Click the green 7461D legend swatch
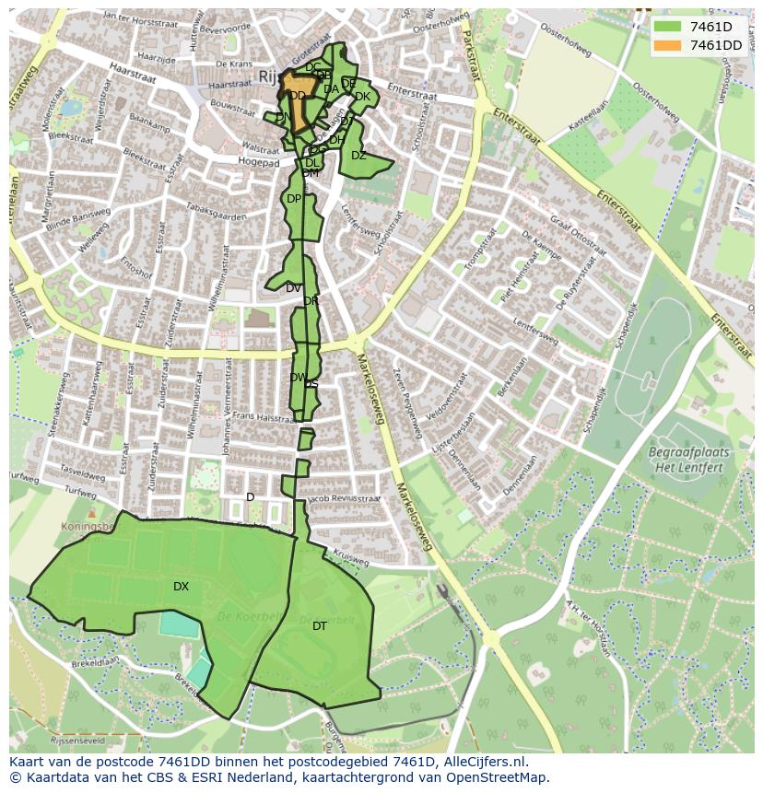click(x=668, y=26)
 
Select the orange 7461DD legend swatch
click(x=668, y=45)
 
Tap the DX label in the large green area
click(x=181, y=587)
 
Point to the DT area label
click(x=319, y=626)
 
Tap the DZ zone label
click(x=358, y=156)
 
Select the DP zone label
click(x=293, y=199)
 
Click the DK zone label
click(x=362, y=97)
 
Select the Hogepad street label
click(x=258, y=163)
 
